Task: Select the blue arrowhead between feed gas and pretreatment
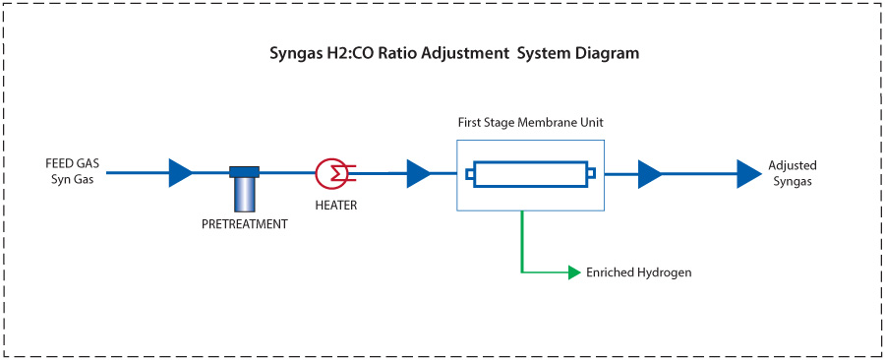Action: pos(180,173)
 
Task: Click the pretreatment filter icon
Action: pos(244,188)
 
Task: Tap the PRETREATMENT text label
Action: pos(244,224)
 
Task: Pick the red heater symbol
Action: pos(332,173)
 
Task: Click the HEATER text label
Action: pos(335,206)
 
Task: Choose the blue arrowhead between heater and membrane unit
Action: pos(417,174)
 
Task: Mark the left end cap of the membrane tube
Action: pos(470,175)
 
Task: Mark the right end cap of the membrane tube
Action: pos(591,175)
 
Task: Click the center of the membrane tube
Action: pos(531,175)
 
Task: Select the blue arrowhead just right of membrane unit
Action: pos(649,174)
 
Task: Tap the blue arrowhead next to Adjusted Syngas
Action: pos(749,174)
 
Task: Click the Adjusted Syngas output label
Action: pos(792,173)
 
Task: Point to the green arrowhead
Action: pos(574,272)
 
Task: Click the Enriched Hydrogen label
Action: pos(638,272)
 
